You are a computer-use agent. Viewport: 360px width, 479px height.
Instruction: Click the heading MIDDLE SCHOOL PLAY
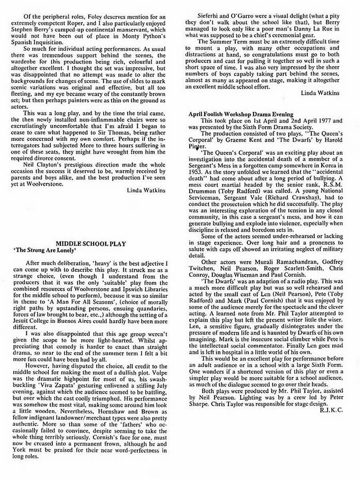click(x=90, y=243)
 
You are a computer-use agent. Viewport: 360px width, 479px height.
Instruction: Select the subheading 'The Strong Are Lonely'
click(x=44, y=250)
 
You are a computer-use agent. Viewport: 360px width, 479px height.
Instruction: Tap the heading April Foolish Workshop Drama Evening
click(x=241, y=114)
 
